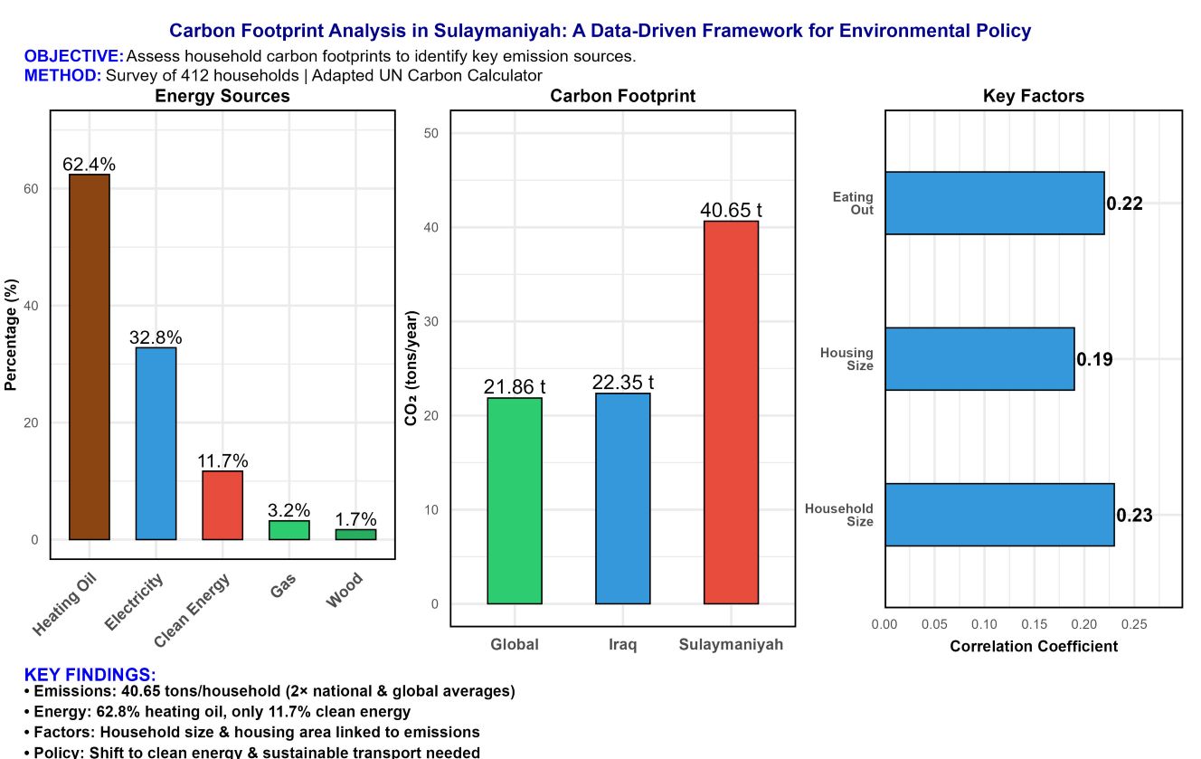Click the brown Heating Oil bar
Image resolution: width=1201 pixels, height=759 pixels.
(90, 356)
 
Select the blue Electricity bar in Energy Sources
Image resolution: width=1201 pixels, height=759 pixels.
(156, 443)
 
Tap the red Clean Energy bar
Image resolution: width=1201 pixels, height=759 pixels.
(222, 505)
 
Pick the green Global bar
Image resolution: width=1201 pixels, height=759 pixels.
(515, 500)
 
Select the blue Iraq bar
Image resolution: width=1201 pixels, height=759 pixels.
(622, 498)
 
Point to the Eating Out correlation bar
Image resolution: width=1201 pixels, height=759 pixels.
(994, 204)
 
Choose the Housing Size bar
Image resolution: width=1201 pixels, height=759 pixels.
(979, 359)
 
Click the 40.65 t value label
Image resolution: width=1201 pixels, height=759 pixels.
(731, 210)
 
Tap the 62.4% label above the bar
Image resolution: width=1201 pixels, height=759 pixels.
(90, 165)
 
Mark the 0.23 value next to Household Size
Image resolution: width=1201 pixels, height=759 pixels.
(1134, 516)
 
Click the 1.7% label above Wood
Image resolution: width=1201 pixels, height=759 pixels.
(355, 519)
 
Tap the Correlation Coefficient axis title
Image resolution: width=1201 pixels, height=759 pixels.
(1034, 646)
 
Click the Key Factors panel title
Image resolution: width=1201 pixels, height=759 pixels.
(1034, 96)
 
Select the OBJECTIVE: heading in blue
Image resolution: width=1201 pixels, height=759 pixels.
(73, 57)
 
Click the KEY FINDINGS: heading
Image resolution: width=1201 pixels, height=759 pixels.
(90, 675)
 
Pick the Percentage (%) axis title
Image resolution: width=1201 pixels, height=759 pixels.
(11, 335)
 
